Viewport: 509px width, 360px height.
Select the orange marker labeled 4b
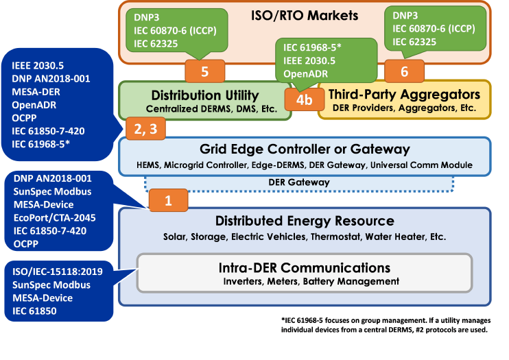point(304,99)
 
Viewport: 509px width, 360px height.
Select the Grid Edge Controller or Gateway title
point(305,149)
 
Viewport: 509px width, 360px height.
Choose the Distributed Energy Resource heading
point(305,221)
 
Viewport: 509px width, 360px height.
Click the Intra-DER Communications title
point(305,267)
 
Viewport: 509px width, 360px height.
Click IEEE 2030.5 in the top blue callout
point(36,66)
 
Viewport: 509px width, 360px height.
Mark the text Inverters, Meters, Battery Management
point(311,281)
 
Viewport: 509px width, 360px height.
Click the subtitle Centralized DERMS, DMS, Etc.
point(205,108)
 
